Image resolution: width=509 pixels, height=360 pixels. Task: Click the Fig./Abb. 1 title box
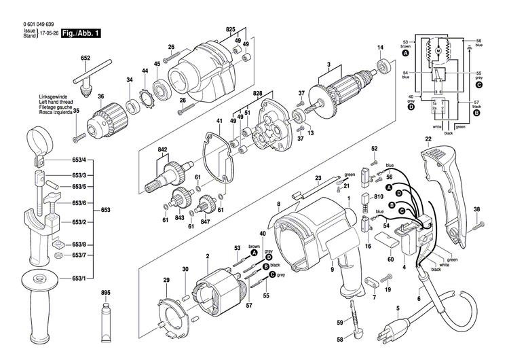coord(80,32)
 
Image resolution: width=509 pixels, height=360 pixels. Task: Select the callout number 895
coord(105,293)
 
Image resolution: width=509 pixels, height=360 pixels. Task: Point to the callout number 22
coord(428,139)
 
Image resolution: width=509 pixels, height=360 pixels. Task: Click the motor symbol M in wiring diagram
coord(438,52)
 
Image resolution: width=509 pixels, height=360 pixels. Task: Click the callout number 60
coord(390,259)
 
